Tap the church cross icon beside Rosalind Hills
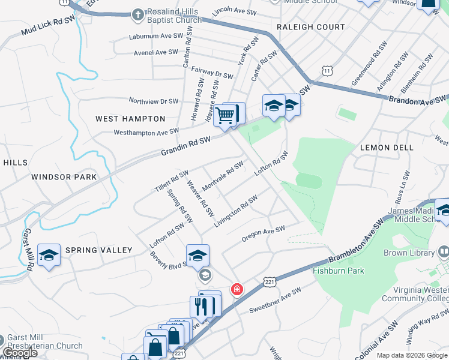pos(138,13)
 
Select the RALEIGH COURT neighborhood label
pos(310,27)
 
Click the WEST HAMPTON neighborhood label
pos(130,119)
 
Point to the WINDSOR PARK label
pos(64,177)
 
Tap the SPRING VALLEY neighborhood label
pos(98,250)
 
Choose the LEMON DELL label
pos(387,148)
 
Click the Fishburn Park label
pos(339,271)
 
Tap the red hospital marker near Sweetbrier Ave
pos(238,289)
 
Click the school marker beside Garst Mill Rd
pos(49,255)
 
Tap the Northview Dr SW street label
pos(153,101)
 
